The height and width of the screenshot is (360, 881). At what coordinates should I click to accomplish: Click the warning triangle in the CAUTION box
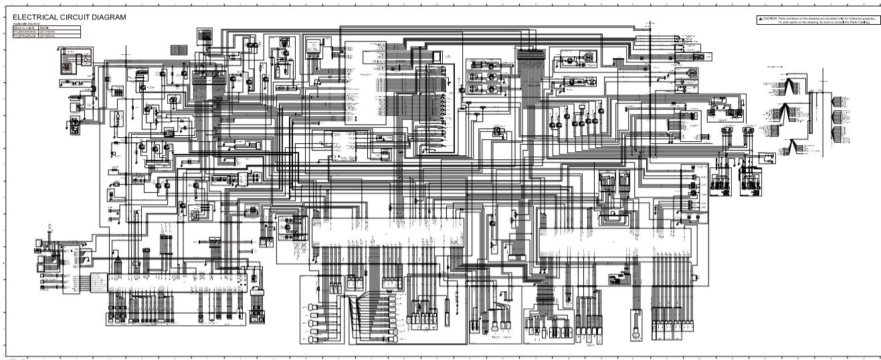[760, 19]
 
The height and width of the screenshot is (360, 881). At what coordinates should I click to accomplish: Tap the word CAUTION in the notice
[770, 19]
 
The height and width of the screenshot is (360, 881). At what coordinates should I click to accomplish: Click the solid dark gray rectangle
[179, 50]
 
